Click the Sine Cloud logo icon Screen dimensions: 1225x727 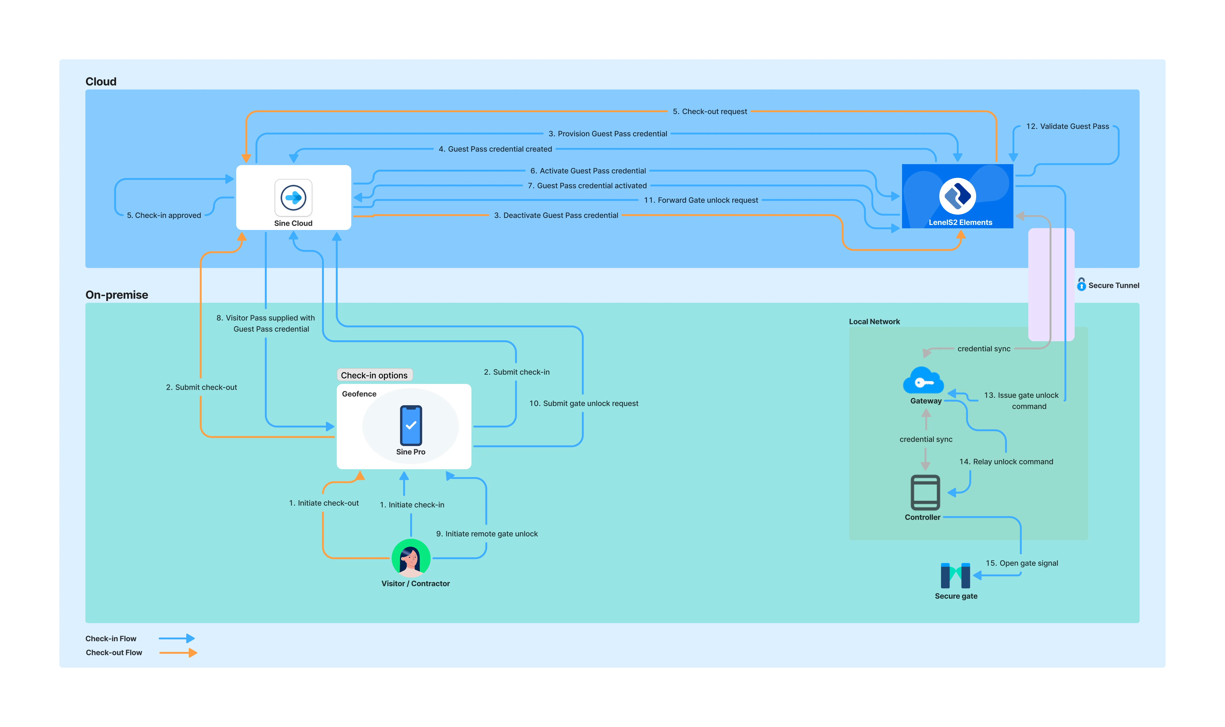click(293, 198)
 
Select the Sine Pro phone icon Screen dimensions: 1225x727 click(411, 425)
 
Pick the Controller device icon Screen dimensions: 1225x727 click(925, 492)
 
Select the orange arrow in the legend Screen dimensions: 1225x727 click(178, 653)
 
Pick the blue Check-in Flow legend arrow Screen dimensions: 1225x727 click(177, 638)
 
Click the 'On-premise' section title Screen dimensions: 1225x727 click(117, 295)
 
